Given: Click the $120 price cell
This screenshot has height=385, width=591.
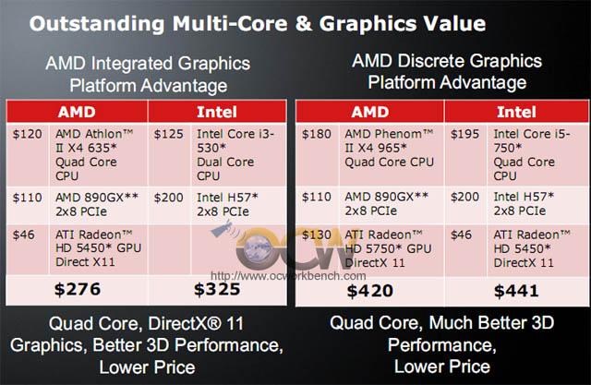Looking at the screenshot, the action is [x=27, y=134].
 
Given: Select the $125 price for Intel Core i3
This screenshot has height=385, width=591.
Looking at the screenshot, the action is [x=168, y=134].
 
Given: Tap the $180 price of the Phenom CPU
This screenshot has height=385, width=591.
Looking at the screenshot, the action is [x=317, y=134].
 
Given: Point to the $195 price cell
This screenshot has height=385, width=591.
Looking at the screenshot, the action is [x=464, y=134].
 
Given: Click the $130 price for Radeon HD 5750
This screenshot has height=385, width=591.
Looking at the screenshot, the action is [x=317, y=235].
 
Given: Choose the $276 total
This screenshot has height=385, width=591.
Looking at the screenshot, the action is [x=78, y=289].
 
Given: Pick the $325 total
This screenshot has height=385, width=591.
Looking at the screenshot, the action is [x=217, y=289].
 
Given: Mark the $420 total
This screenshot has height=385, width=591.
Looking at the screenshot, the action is [x=370, y=291].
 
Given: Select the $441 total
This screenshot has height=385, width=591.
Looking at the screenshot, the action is [x=516, y=291].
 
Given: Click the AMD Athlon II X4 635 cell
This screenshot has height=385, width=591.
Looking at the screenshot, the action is [x=94, y=155].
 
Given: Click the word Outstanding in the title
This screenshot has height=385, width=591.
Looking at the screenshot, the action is [x=97, y=24].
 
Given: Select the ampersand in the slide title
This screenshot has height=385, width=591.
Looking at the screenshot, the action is [x=304, y=23].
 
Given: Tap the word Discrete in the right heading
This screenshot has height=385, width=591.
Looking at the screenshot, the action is [x=431, y=61].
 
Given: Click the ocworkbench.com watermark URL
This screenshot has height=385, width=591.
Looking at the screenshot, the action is [x=288, y=276].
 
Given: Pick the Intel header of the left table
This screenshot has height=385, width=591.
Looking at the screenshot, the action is [x=217, y=112].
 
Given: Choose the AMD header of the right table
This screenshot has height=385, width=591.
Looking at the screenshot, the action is [x=370, y=112].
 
